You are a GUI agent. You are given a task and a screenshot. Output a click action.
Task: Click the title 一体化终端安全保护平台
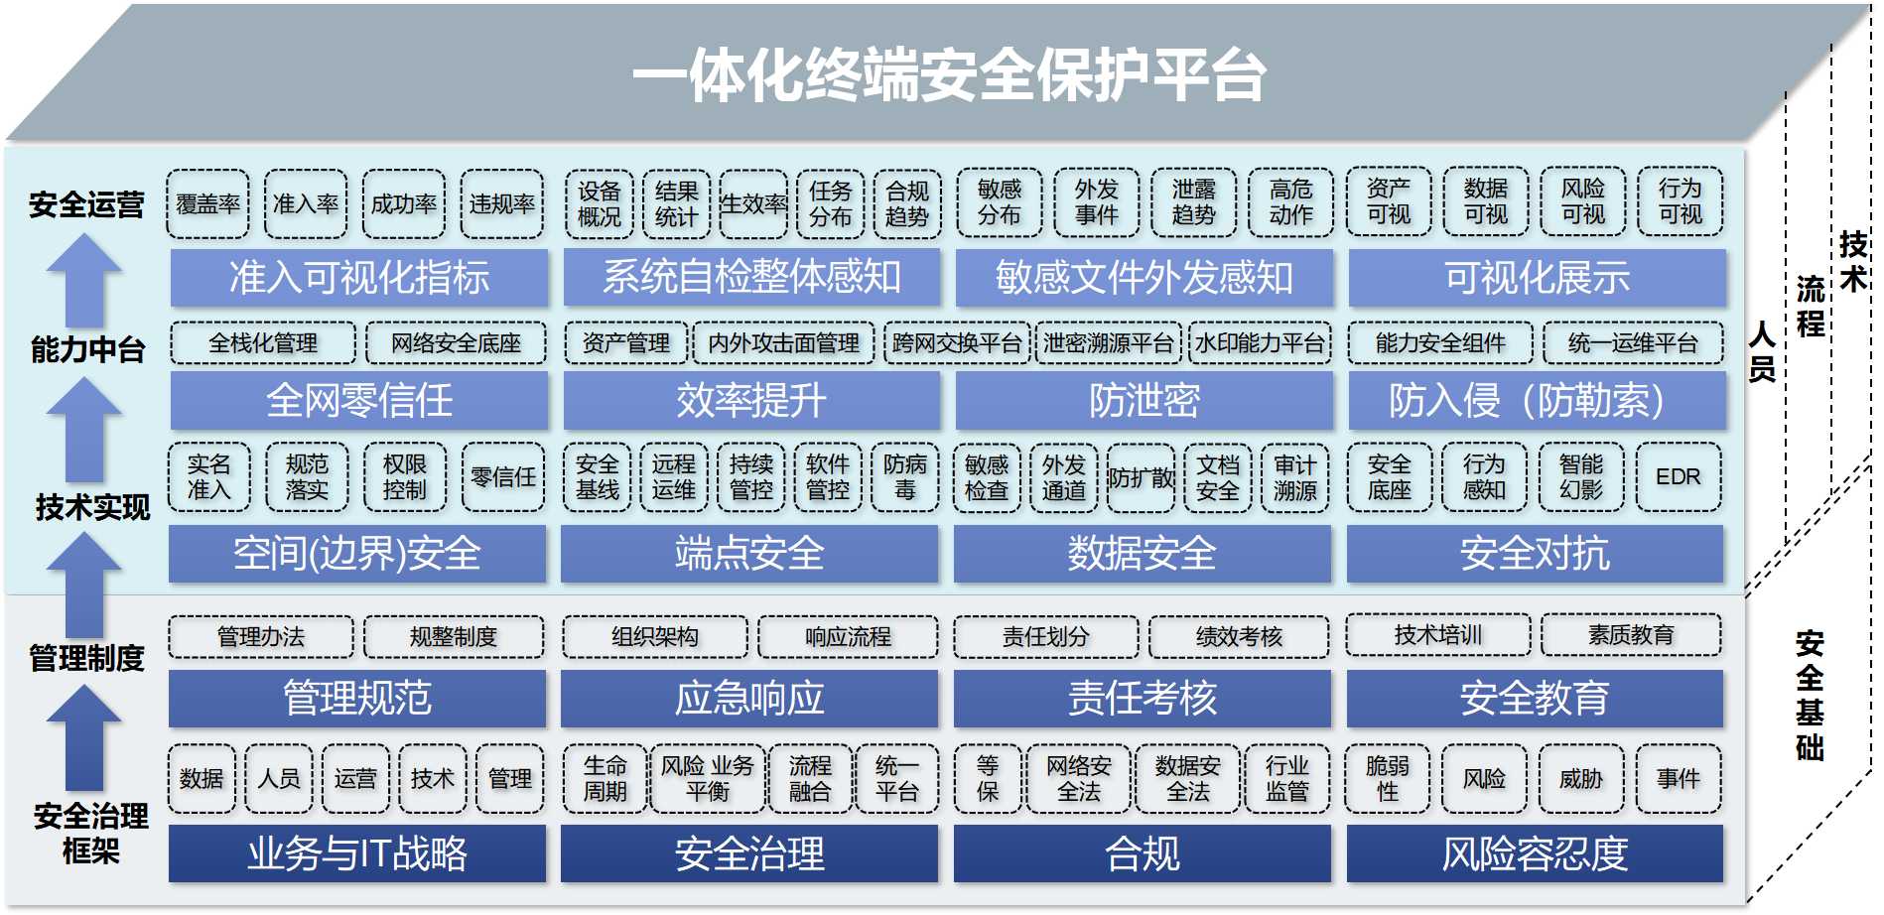[x=948, y=74]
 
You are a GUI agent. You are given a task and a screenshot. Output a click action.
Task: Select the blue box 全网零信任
[x=358, y=401]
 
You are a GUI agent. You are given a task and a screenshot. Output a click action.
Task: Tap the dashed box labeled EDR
[x=1679, y=477]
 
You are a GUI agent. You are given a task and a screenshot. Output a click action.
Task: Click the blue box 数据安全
[x=1142, y=554]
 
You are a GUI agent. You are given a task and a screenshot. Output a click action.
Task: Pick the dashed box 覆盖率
[x=207, y=204]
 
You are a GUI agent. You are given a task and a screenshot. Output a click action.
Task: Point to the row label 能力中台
[x=87, y=349]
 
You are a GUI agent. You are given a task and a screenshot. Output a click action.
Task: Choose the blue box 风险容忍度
[x=1535, y=853]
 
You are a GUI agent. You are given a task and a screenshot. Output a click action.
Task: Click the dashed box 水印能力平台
[x=1260, y=343]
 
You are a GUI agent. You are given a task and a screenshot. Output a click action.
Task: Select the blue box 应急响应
[x=749, y=699]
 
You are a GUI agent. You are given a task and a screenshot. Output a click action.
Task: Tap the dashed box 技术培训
[x=1437, y=635]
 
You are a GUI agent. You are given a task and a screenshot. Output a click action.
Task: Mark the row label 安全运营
[x=86, y=204]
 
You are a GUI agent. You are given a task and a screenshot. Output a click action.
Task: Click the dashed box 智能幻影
[x=1581, y=477]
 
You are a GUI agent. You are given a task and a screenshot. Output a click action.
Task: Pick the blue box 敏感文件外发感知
[x=1144, y=278]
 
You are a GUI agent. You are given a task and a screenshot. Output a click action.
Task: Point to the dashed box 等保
[x=988, y=779]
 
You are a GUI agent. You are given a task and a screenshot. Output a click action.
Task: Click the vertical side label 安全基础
[x=1810, y=695]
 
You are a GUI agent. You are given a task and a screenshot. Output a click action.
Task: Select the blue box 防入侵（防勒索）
[x=1537, y=401]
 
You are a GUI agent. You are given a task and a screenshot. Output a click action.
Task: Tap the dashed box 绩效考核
[x=1239, y=637]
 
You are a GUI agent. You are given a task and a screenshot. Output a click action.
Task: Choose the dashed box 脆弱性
[x=1387, y=779]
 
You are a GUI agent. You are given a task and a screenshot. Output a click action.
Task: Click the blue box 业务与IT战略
[x=357, y=853]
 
